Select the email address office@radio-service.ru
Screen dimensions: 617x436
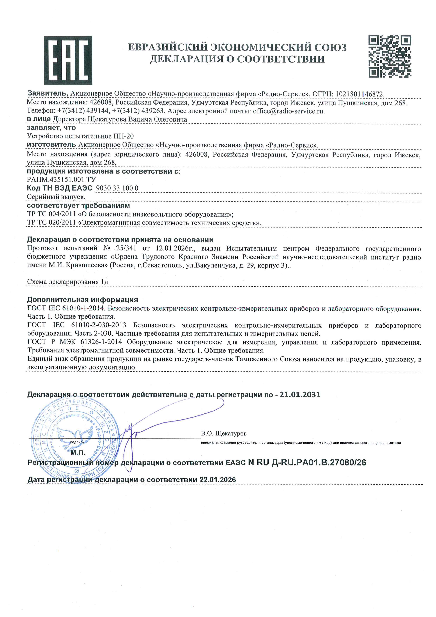point(289,111)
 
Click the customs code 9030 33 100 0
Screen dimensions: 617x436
point(117,188)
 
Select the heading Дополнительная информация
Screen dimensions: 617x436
point(82,300)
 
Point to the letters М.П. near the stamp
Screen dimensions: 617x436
point(78,453)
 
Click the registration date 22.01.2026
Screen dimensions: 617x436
point(217,480)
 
